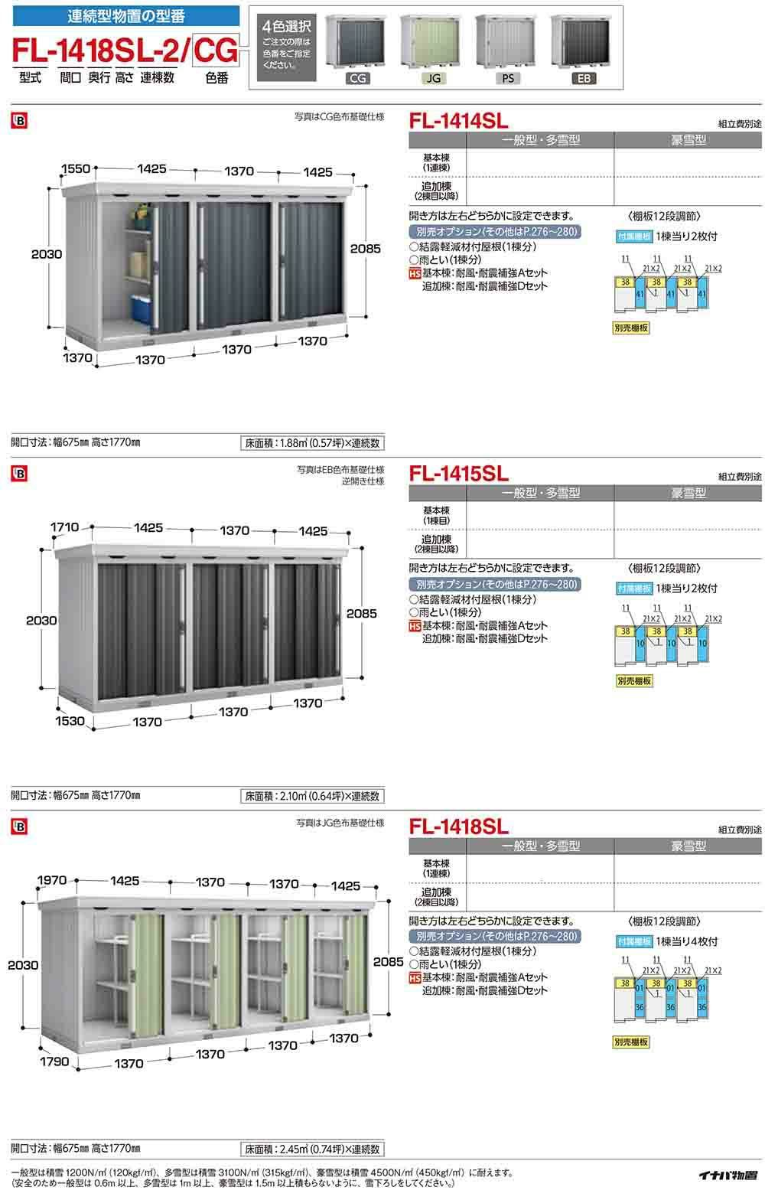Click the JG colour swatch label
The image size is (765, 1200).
(433, 78)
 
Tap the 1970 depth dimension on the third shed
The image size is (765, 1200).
(53, 881)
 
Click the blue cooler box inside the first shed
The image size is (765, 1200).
(142, 306)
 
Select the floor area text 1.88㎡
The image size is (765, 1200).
(312, 443)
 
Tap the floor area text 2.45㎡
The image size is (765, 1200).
(312, 1149)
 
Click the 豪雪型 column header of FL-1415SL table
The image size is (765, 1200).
(688, 494)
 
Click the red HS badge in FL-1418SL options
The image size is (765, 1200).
(415, 978)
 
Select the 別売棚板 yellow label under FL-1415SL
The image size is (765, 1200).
(633, 680)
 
